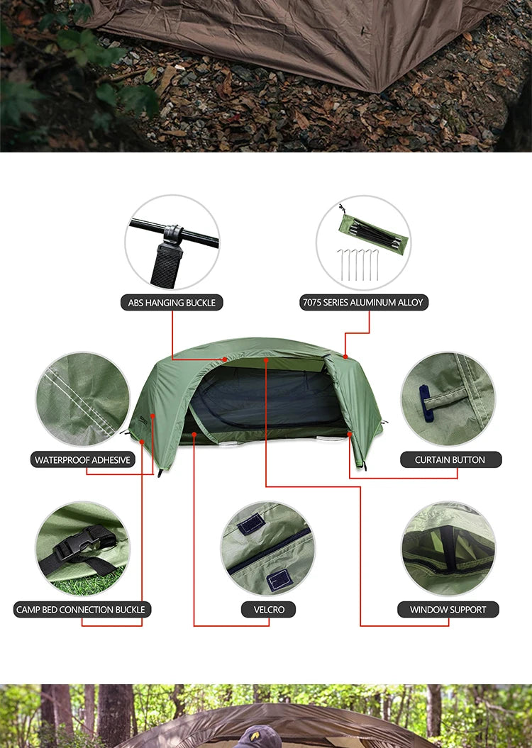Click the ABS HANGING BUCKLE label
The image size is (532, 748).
click(172, 303)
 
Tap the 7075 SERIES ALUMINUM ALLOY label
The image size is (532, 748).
click(362, 303)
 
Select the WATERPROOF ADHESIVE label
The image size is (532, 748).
click(83, 460)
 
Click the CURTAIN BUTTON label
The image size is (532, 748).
click(450, 460)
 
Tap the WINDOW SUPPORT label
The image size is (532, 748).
click(448, 610)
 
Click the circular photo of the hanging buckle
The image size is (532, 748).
click(172, 242)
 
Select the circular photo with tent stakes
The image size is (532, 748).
click(363, 242)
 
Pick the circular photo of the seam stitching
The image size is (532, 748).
click(83, 399)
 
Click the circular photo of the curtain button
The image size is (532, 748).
click(448, 399)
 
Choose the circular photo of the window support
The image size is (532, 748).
click(448, 549)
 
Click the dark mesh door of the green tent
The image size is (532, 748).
click(262, 404)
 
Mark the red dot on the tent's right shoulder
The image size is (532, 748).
click(345, 356)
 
